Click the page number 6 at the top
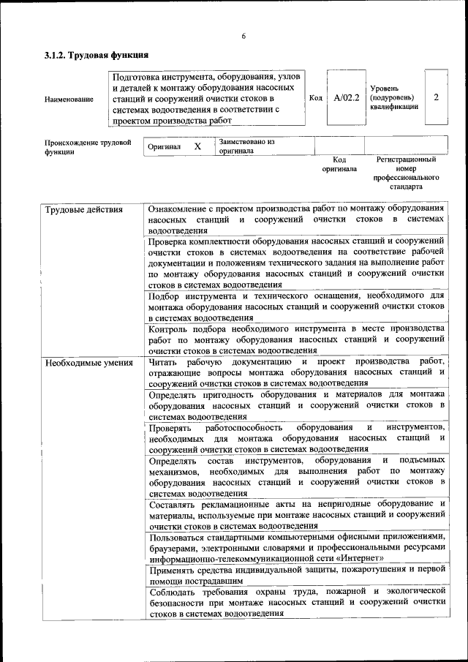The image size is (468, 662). (244, 36)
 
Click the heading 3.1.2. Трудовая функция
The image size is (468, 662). (96, 55)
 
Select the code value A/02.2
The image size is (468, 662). (346, 97)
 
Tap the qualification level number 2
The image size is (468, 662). (436, 97)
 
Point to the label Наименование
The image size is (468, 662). (69, 99)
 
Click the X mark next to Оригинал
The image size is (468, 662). (197, 146)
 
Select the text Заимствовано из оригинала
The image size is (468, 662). (246, 146)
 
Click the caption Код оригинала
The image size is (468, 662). (339, 164)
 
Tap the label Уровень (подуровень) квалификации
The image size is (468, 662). (394, 97)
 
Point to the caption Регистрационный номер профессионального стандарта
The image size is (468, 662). (406, 173)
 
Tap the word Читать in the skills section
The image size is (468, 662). (163, 362)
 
